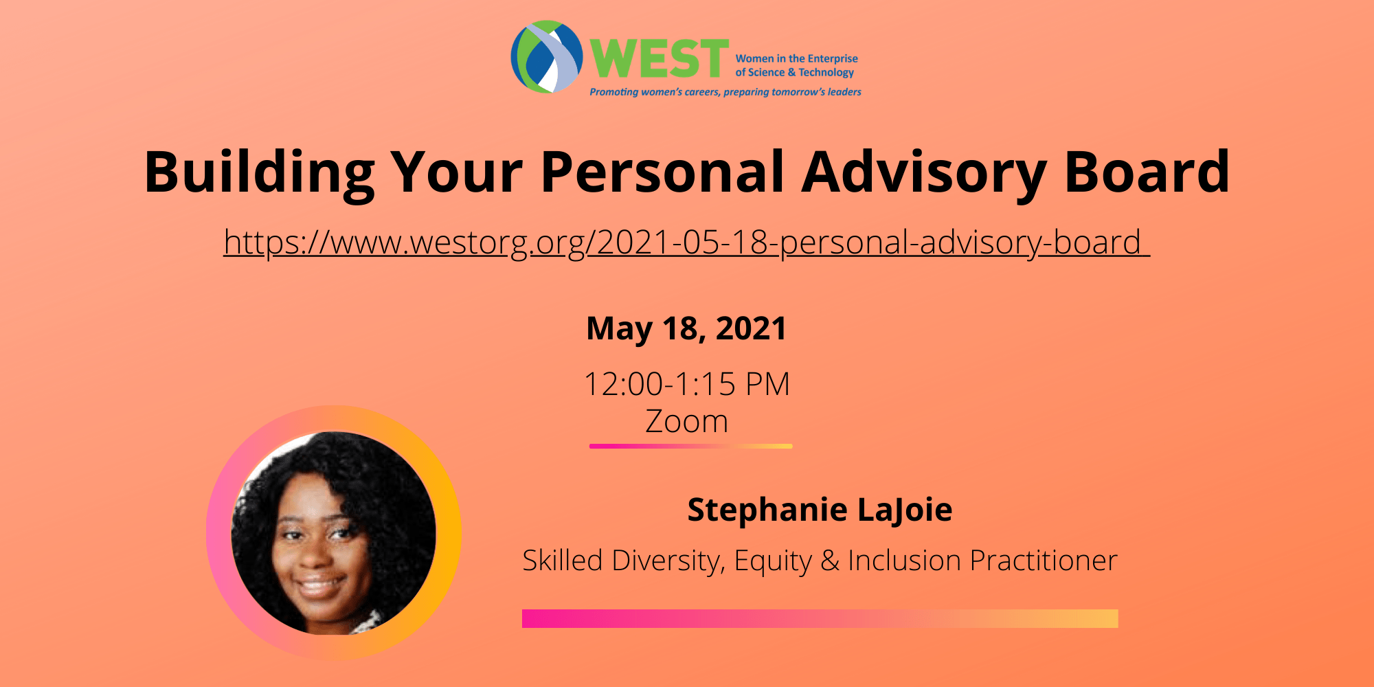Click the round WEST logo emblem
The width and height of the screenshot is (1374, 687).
click(x=546, y=57)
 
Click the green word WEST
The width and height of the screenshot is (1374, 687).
click(x=659, y=59)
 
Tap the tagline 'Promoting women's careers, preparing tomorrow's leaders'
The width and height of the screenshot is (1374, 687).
click(x=725, y=92)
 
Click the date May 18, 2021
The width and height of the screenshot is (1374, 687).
click(x=686, y=328)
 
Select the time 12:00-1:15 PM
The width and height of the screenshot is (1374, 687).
click(x=686, y=384)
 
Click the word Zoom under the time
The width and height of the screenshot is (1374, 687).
click(x=686, y=421)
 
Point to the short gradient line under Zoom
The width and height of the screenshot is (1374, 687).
click(x=690, y=447)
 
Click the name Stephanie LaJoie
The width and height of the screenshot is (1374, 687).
click(x=820, y=510)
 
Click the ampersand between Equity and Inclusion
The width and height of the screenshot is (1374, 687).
click(x=830, y=561)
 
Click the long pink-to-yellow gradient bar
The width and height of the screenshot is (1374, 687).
click(x=820, y=618)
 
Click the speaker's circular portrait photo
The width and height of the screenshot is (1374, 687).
click(x=334, y=533)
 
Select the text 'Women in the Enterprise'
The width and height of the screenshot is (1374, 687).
click(x=796, y=59)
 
